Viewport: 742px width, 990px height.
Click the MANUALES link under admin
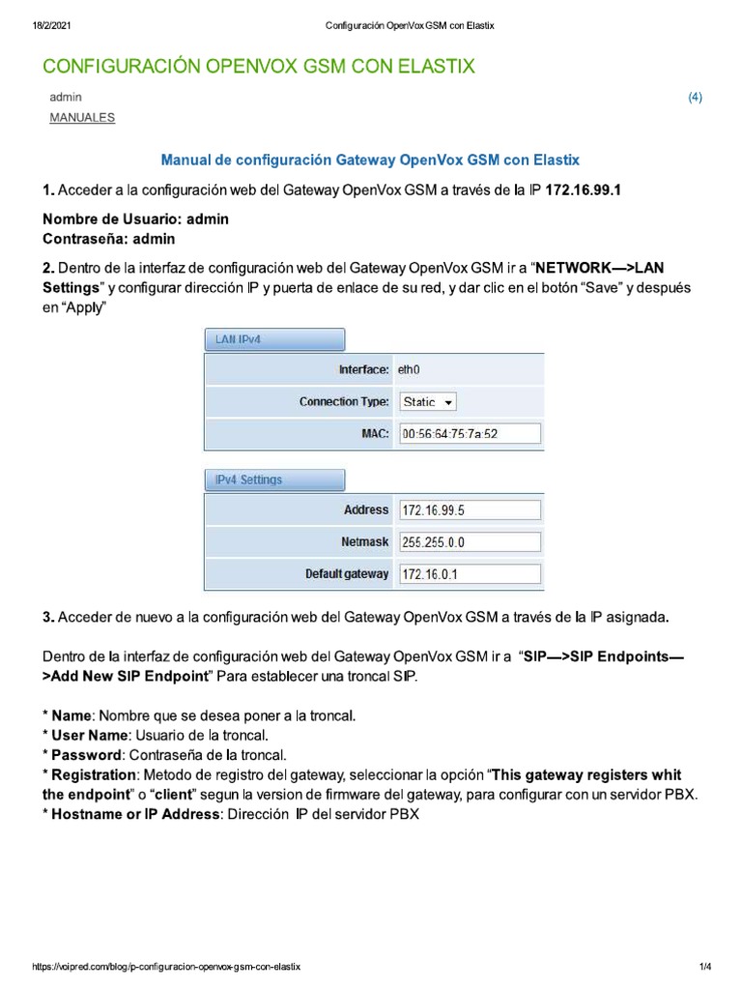[81, 118]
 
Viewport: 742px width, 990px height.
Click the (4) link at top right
[695, 98]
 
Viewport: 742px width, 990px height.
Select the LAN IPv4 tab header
[273, 339]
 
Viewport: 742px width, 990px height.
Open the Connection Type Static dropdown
[428, 401]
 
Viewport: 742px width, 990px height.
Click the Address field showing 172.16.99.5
[470, 510]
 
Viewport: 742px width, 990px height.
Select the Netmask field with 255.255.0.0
[470, 542]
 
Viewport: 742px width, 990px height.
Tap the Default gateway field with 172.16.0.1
[470, 574]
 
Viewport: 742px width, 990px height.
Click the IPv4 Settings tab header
[273, 480]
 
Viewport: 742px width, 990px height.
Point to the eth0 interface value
[410, 369]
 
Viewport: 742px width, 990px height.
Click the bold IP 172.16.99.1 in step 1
[583, 190]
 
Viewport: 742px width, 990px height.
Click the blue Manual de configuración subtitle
[370, 158]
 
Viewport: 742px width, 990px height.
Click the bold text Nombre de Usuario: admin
[135, 219]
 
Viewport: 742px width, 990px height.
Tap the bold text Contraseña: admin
[109, 238]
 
